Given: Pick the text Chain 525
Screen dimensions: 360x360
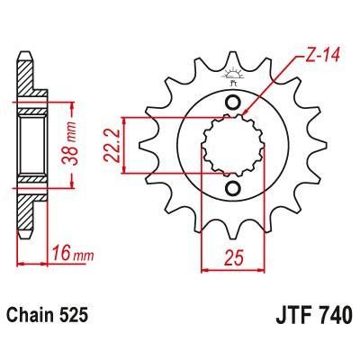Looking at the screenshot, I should click(x=53, y=316).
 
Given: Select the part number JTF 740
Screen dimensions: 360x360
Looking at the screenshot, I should click(x=311, y=316).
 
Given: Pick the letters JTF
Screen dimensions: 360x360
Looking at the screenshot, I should click(x=289, y=316).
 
